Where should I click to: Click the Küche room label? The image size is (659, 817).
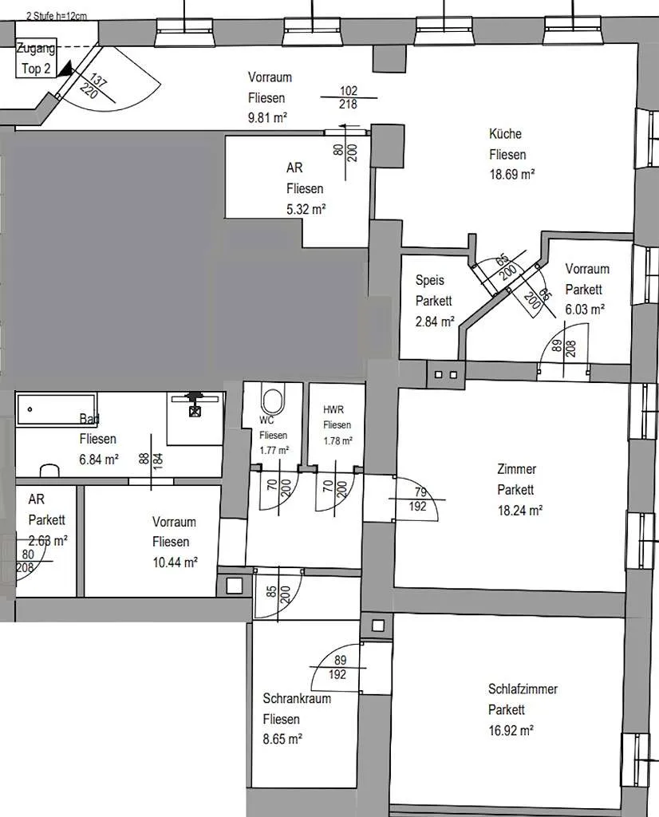(x=505, y=134)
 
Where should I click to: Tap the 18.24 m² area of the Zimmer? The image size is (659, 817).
(x=520, y=510)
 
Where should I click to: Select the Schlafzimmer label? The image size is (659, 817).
(x=523, y=689)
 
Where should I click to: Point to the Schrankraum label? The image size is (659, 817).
(x=297, y=698)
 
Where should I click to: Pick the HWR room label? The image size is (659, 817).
(x=333, y=409)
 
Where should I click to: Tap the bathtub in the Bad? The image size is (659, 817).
(x=57, y=409)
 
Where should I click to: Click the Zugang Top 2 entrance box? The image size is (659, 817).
(x=35, y=58)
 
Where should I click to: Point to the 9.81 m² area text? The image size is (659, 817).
(x=268, y=118)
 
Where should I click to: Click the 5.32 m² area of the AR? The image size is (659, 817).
(x=306, y=210)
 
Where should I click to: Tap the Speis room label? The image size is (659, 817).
(x=430, y=280)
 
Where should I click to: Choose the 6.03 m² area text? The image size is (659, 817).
(x=585, y=310)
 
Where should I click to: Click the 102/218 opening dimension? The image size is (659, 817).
(x=349, y=97)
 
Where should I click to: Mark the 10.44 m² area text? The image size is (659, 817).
(x=175, y=562)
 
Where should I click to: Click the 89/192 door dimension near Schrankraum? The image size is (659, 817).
(x=338, y=668)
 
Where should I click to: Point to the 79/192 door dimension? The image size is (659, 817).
(x=418, y=499)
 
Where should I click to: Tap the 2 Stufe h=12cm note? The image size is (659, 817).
(x=57, y=16)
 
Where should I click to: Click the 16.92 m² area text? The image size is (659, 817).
(x=511, y=731)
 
